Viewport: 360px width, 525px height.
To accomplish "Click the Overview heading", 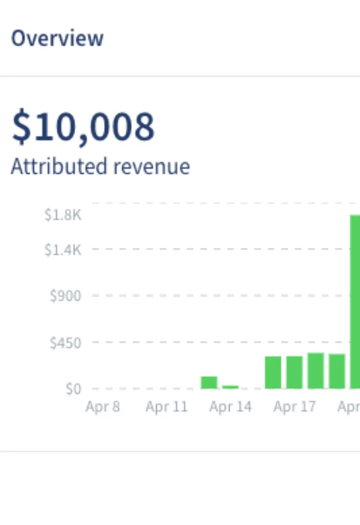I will pyautogui.click(x=57, y=38).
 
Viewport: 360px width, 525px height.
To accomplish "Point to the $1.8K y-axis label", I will pyautogui.click(x=63, y=215).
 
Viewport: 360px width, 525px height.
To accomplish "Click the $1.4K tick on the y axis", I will pyautogui.click(x=63, y=250).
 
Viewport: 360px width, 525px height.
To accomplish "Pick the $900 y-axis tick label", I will pyautogui.click(x=65, y=296).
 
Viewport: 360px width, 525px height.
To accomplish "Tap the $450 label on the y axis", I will pyautogui.click(x=65, y=343).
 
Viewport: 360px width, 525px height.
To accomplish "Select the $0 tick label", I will pyautogui.click(x=73, y=389).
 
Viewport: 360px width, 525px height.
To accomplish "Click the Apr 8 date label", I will pyautogui.click(x=103, y=407).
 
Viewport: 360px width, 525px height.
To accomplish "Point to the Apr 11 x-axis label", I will pyautogui.click(x=167, y=407).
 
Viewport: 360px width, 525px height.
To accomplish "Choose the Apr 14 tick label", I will pyautogui.click(x=230, y=407).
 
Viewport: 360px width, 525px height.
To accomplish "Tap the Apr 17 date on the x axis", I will pyautogui.click(x=295, y=407).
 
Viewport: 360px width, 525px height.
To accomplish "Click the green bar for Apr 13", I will pyautogui.click(x=209, y=383).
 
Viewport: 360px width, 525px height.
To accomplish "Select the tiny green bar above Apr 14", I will pyautogui.click(x=230, y=387).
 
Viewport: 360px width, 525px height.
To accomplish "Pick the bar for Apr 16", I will pyautogui.click(x=273, y=372).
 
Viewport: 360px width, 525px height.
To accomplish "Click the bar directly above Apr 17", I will pyautogui.click(x=295, y=372).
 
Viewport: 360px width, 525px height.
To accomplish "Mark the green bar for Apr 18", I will pyautogui.click(x=316, y=371).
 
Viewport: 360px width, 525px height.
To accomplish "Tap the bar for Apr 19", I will pyautogui.click(x=337, y=371).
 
